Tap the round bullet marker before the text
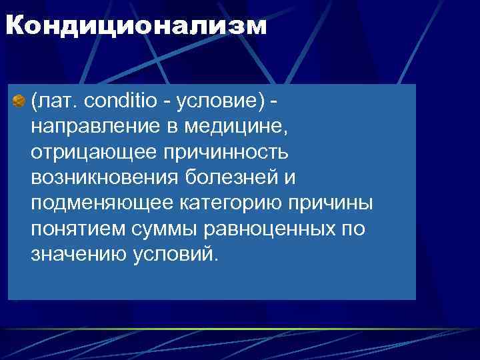19,102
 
